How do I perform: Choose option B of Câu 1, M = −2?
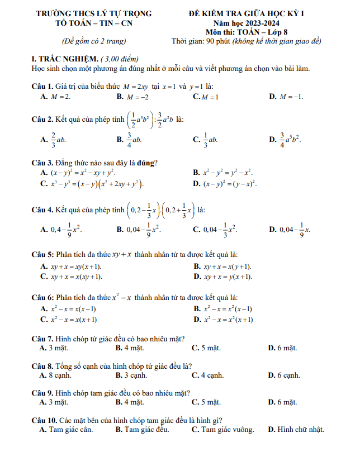click(134, 97)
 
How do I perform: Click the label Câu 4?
click(42, 210)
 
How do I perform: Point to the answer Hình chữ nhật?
click(300, 430)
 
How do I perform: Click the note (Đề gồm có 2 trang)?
click(94, 41)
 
